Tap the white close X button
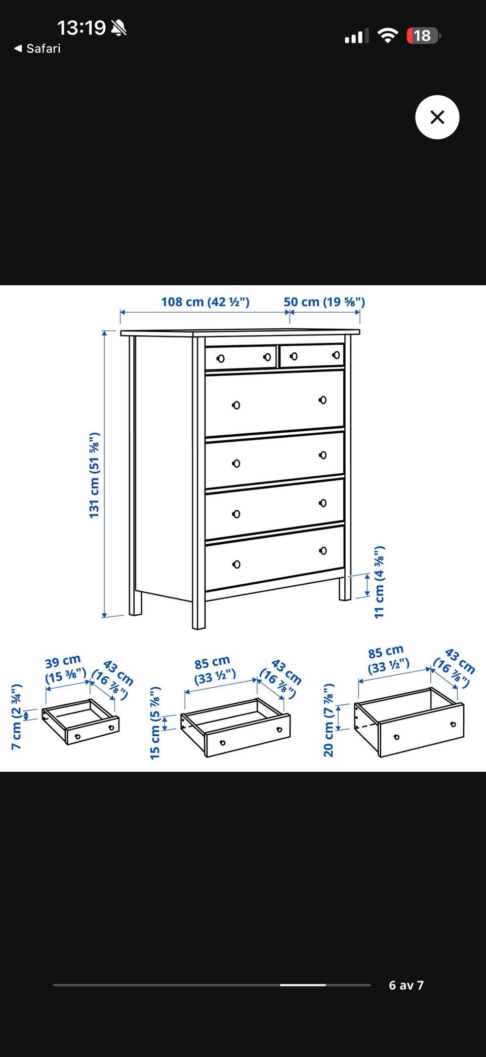(x=437, y=117)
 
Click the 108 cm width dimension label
(x=205, y=302)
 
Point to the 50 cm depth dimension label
(x=324, y=302)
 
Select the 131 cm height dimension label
(x=95, y=475)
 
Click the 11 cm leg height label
(x=379, y=582)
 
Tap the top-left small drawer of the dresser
(x=241, y=357)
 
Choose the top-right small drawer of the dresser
(x=312, y=355)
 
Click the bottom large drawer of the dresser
(x=274, y=558)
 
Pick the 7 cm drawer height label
(x=17, y=716)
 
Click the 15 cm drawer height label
(x=155, y=723)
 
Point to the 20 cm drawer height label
(x=329, y=720)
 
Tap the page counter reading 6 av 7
(x=406, y=985)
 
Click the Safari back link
(x=37, y=49)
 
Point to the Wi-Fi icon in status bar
(x=388, y=35)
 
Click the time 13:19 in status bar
(x=82, y=27)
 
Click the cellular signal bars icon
(x=356, y=36)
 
